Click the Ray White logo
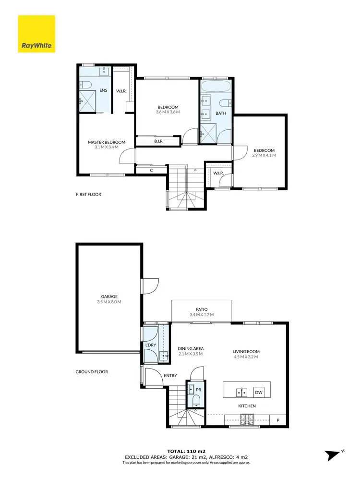tap(36, 34)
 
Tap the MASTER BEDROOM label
tap(107, 142)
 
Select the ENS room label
tap(103, 90)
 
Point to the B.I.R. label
tap(160, 141)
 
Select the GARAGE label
tap(109, 296)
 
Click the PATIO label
tap(202, 309)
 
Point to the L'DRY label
tap(150, 346)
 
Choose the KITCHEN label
tap(247, 406)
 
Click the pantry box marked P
tap(278, 420)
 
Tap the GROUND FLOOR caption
tap(92, 371)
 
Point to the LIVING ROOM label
tap(246, 351)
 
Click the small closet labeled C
tap(151, 170)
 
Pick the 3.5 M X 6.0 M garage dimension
tap(109, 302)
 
